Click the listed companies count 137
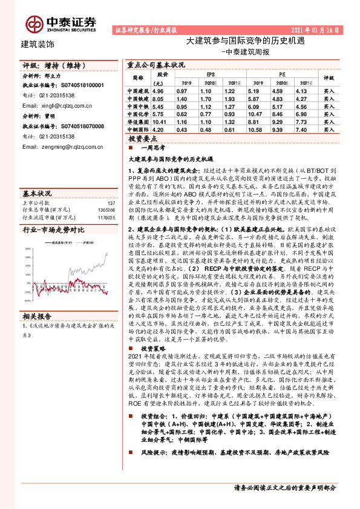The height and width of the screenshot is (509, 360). point(110,203)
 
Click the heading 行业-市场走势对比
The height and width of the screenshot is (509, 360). point(53,230)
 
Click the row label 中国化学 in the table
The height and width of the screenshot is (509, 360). point(138,113)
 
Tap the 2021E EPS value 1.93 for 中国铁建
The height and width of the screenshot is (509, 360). point(229,97)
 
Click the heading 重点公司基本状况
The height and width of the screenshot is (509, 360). point(155,63)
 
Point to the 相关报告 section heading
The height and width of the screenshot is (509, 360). point(38,332)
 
